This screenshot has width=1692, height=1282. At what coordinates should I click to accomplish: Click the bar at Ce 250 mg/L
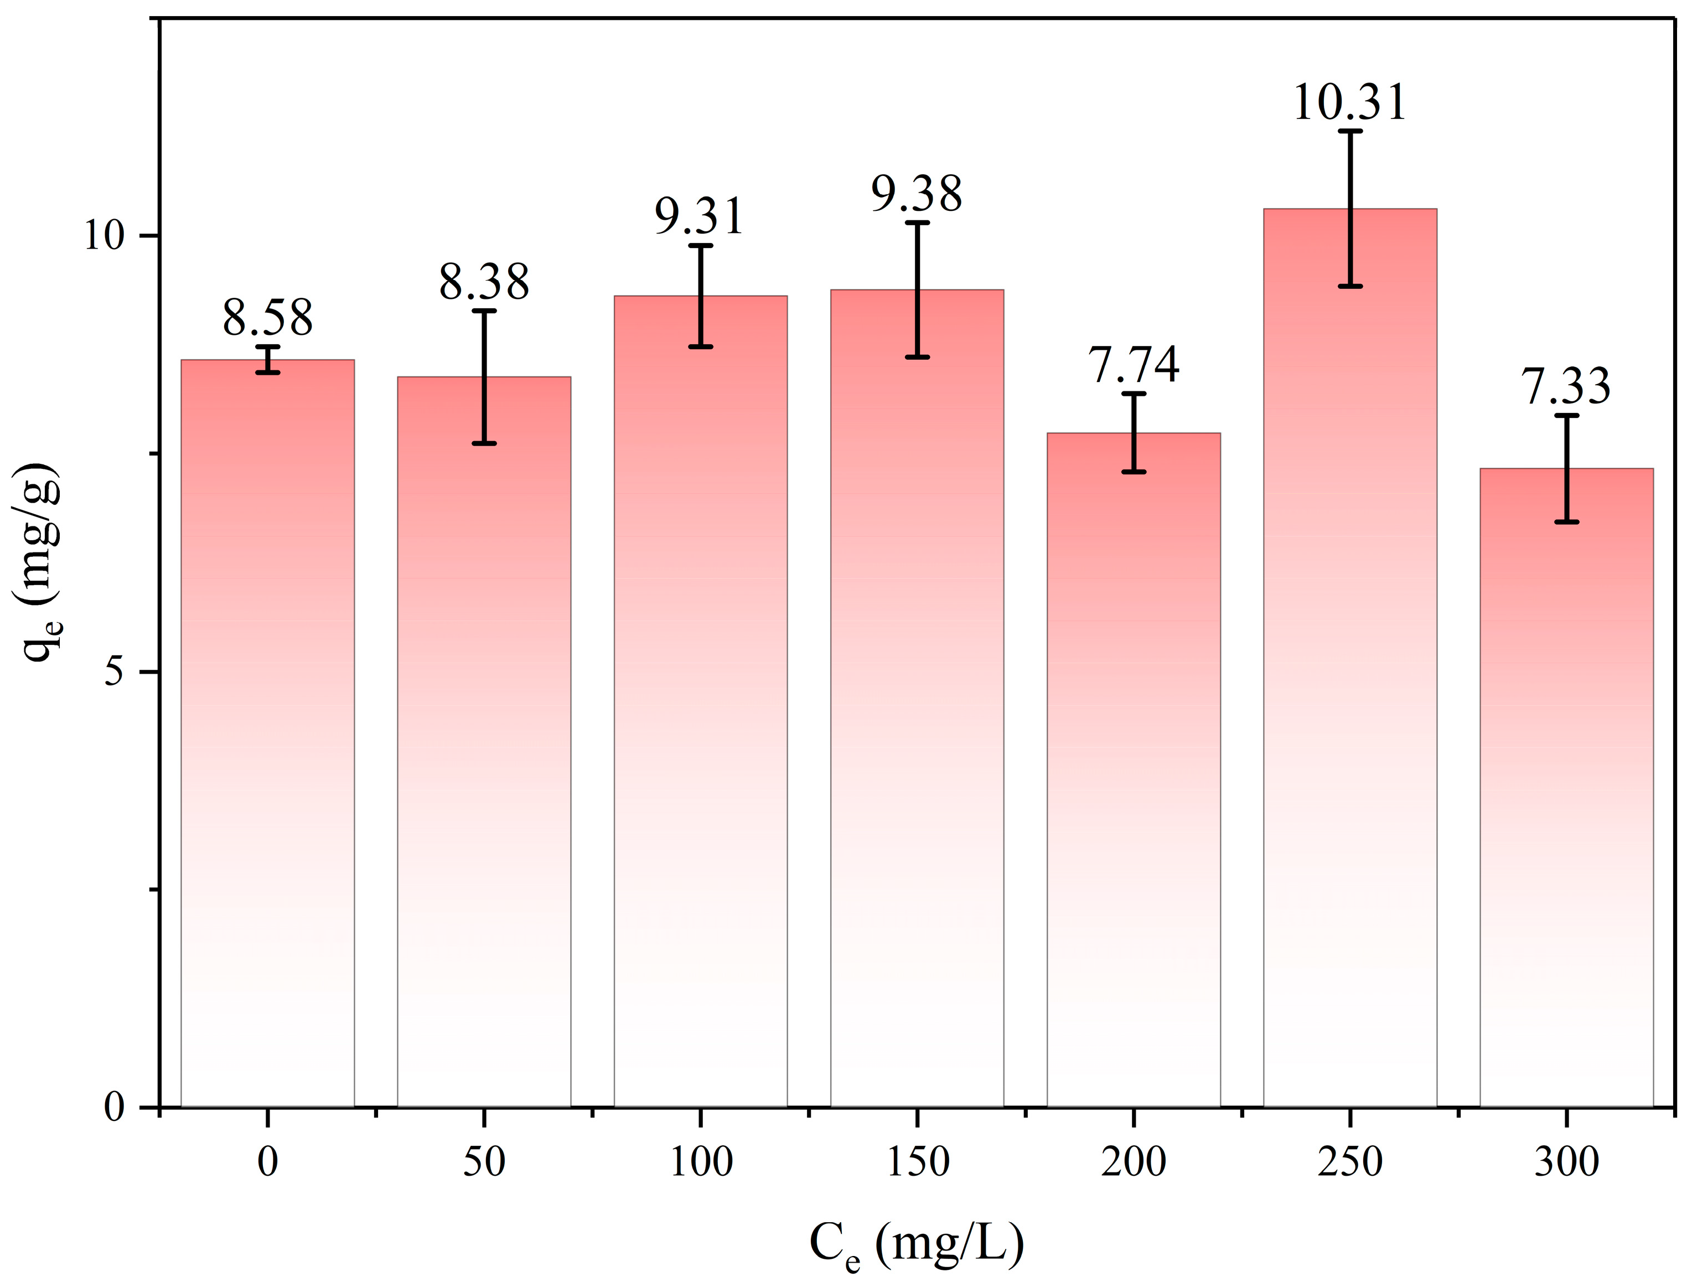point(1350,689)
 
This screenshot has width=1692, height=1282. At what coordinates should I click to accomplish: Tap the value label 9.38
point(917,194)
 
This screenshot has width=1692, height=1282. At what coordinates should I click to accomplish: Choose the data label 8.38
point(483,282)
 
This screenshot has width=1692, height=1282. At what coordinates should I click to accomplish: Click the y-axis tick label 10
point(104,236)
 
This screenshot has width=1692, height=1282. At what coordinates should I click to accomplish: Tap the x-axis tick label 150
point(917,1162)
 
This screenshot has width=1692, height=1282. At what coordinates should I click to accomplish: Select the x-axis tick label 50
point(483,1162)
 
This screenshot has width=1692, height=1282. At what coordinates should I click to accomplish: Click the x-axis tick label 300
point(1566,1162)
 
